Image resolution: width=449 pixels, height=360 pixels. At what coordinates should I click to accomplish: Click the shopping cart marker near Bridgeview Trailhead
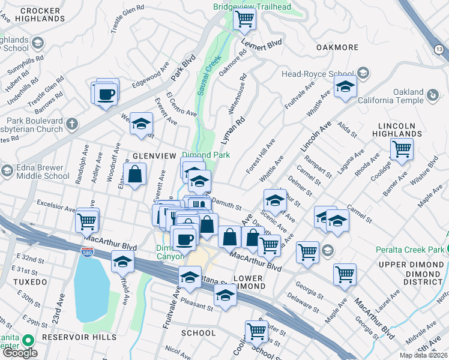click(244, 19)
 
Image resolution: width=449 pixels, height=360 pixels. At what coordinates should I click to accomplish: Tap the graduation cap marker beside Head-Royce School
click(345, 88)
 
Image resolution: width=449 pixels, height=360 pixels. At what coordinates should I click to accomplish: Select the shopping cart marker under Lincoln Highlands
click(401, 149)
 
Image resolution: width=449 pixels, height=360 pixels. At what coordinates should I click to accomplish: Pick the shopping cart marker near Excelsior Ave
click(87, 221)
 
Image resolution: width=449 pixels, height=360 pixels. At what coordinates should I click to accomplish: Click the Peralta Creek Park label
click(410, 250)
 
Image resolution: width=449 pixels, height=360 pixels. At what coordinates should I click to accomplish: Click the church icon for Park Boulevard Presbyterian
click(71, 124)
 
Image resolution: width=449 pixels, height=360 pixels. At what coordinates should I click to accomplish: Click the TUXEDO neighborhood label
click(28, 281)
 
